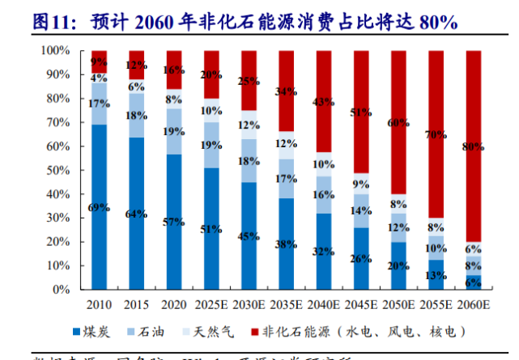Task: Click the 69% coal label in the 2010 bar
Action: [99, 207]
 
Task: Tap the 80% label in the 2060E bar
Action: [474, 147]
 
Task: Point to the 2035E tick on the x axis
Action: [287, 304]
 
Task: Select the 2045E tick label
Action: [362, 304]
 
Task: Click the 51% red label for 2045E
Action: [361, 112]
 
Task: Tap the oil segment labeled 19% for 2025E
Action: [212, 146]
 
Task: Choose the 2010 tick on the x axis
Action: [99, 304]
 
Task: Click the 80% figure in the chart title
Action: [437, 23]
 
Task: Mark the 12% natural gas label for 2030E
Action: [249, 125]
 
